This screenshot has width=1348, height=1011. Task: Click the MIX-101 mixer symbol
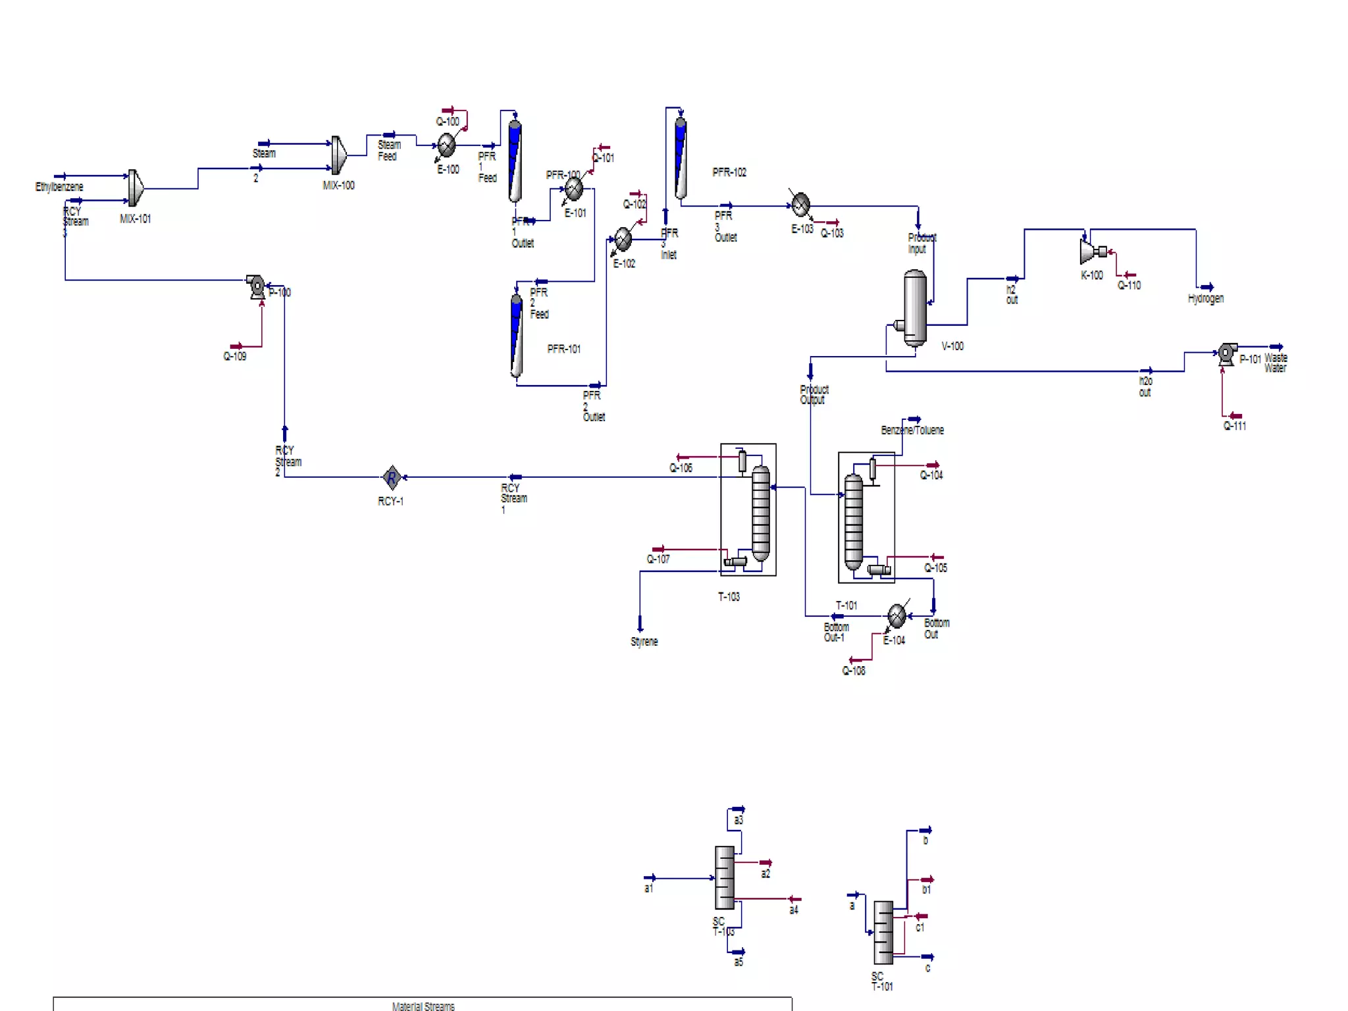tap(136, 188)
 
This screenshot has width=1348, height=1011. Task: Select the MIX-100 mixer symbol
tap(339, 155)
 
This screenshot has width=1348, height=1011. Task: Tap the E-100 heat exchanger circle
tap(446, 145)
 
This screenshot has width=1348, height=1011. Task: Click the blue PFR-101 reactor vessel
tap(517, 336)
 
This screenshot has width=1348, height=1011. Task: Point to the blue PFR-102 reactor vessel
tap(680, 159)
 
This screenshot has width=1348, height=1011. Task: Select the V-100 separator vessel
tap(914, 309)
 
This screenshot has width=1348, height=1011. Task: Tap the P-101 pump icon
tap(1226, 353)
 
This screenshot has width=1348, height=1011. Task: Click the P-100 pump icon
tap(256, 286)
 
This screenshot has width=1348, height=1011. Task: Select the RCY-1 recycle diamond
tap(392, 477)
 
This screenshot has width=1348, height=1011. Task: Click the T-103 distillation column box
tap(748, 510)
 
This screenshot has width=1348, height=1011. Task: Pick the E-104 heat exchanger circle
tap(896, 616)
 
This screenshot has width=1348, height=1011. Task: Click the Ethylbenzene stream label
tap(59, 187)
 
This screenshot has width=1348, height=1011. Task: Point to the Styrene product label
tap(644, 642)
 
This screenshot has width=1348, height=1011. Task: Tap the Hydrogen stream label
tap(1205, 298)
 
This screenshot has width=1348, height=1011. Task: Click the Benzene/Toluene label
tap(912, 430)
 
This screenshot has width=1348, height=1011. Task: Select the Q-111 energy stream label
tap(1234, 427)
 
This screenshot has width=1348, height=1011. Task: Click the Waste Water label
tap(1275, 363)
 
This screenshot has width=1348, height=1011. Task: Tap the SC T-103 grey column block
tap(724, 877)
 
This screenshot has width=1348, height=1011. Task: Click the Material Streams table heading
tap(423, 1006)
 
